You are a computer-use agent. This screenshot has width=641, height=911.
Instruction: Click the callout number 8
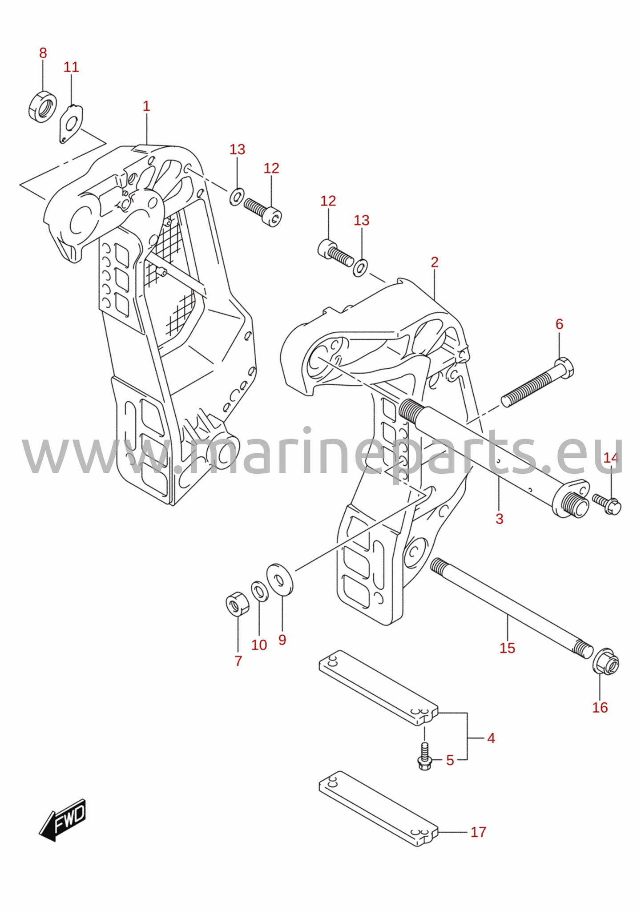point(43,53)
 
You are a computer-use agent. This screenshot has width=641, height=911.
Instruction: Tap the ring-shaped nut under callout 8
point(43,106)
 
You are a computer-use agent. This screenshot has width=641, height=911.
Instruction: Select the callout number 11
point(71,67)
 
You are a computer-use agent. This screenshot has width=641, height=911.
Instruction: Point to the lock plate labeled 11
point(71,124)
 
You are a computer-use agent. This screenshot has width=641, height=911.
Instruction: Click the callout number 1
point(146,106)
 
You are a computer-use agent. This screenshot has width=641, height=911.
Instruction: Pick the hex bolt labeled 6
point(537,382)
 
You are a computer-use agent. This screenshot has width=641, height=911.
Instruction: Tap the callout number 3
point(499,519)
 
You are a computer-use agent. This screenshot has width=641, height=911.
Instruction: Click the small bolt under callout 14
point(606,504)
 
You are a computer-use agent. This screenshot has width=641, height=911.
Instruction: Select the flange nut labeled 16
point(606,664)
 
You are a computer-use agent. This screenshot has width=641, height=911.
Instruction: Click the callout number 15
point(507,648)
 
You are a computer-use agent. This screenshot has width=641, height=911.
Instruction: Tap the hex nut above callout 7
point(238,604)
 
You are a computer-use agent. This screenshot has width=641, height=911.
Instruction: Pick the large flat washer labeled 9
point(280,579)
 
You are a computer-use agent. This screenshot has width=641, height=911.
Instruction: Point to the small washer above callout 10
point(259,591)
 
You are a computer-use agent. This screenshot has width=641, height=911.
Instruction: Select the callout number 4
point(491,738)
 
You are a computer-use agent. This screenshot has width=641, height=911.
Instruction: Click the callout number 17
point(478,832)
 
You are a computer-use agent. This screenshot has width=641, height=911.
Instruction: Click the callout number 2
point(435,262)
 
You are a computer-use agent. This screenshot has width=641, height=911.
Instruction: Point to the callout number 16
point(600,708)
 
